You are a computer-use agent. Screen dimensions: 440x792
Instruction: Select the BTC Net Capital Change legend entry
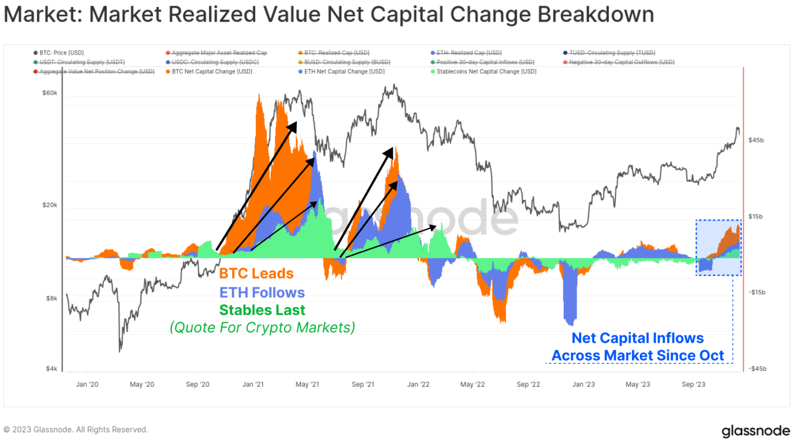pyautogui.click(x=211, y=71)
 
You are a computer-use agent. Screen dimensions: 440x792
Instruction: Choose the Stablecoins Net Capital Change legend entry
pyautogui.click(x=486, y=71)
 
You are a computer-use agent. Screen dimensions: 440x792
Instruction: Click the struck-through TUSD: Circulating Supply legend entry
pyautogui.click(x=611, y=53)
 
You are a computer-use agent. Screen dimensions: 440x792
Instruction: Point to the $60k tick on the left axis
pyautogui.click(x=49, y=93)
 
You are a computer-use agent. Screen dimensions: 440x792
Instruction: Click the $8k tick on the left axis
pyautogui.click(x=52, y=298)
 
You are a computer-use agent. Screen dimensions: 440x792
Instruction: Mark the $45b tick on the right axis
pyautogui.click(x=756, y=140)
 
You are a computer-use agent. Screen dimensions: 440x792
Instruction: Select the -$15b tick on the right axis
pyautogui.click(x=756, y=292)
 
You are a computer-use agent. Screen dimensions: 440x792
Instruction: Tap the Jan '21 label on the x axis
pyautogui.click(x=253, y=384)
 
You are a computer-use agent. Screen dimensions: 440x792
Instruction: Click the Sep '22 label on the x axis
pyautogui.click(x=528, y=384)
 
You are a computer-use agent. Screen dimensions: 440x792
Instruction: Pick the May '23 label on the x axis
pyautogui.click(x=638, y=384)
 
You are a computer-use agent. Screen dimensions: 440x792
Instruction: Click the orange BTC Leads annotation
pyautogui.click(x=256, y=273)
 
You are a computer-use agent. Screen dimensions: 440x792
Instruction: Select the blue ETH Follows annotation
pyautogui.click(x=262, y=292)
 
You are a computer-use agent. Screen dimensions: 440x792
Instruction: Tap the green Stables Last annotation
pyautogui.click(x=262, y=310)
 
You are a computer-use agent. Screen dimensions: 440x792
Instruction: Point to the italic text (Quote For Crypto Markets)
pyautogui.click(x=262, y=328)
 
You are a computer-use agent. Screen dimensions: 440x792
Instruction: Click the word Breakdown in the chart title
pyautogui.click(x=595, y=14)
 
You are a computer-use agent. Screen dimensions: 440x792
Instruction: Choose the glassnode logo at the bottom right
pyautogui.click(x=755, y=431)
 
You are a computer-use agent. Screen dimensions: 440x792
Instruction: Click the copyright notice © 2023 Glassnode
pyautogui.click(x=76, y=429)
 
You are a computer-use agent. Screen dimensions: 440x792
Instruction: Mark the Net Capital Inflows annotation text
pyautogui.click(x=637, y=338)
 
